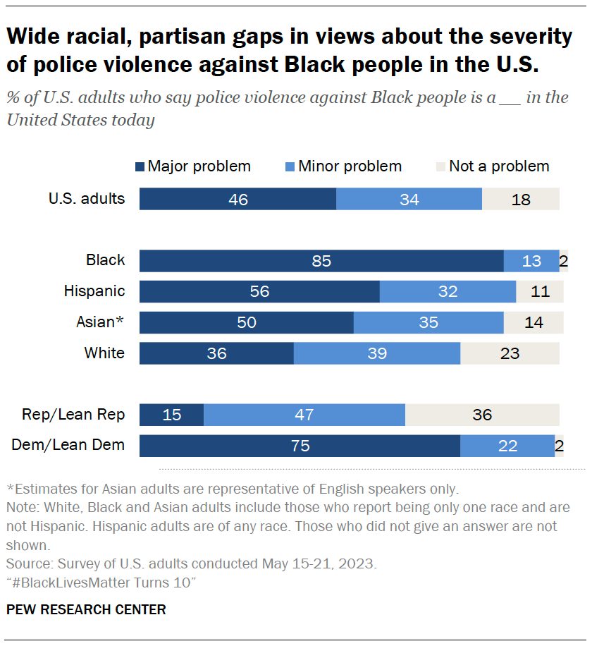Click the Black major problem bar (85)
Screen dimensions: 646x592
[321, 261]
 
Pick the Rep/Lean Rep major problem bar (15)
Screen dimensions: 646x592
[171, 415]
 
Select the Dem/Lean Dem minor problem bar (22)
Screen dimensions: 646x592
[507, 446]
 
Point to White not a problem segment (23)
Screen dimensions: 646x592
[510, 353]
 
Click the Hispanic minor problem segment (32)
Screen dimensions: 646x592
[448, 291]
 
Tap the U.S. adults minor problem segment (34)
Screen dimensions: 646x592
[409, 199]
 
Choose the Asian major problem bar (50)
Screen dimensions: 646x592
[246, 322]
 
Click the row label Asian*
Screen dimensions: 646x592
[100, 322]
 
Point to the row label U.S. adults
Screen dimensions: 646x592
[87, 198]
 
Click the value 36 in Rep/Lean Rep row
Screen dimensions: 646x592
[482, 415]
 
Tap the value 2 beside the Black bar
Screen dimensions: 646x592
[563, 261]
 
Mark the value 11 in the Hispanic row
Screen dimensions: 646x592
[540, 291]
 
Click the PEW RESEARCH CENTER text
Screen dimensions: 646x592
[87, 609]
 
